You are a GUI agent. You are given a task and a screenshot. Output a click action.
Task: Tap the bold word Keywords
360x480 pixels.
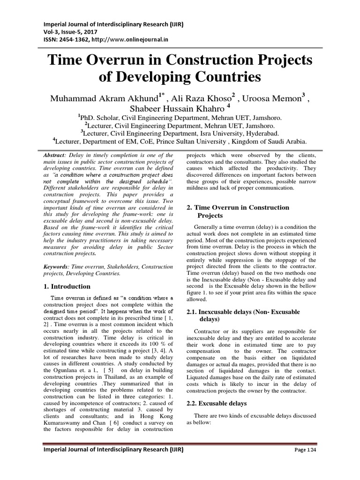56,266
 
